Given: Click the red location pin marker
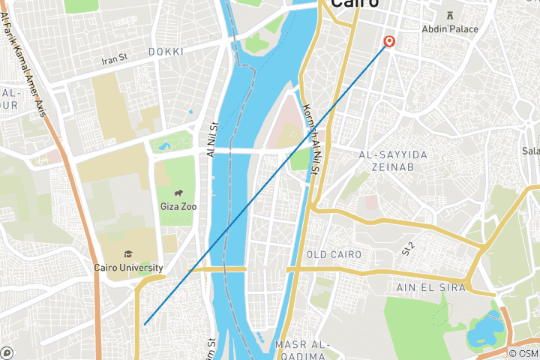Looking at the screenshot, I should [x=389, y=42].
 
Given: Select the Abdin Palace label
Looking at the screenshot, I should [x=451, y=28].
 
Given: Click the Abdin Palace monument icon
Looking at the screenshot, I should [x=451, y=15].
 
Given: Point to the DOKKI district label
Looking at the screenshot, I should [x=166, y=51].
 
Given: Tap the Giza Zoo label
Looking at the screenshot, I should [x=178, y=206].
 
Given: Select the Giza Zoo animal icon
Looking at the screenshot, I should [x=178, y=193].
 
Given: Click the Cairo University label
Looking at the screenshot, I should [x=128, y=268].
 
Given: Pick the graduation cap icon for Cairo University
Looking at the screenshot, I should [x=128, y=254].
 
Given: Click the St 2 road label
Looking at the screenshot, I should [x=409, y=248].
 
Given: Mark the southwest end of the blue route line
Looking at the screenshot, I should [x=145, y=324].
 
